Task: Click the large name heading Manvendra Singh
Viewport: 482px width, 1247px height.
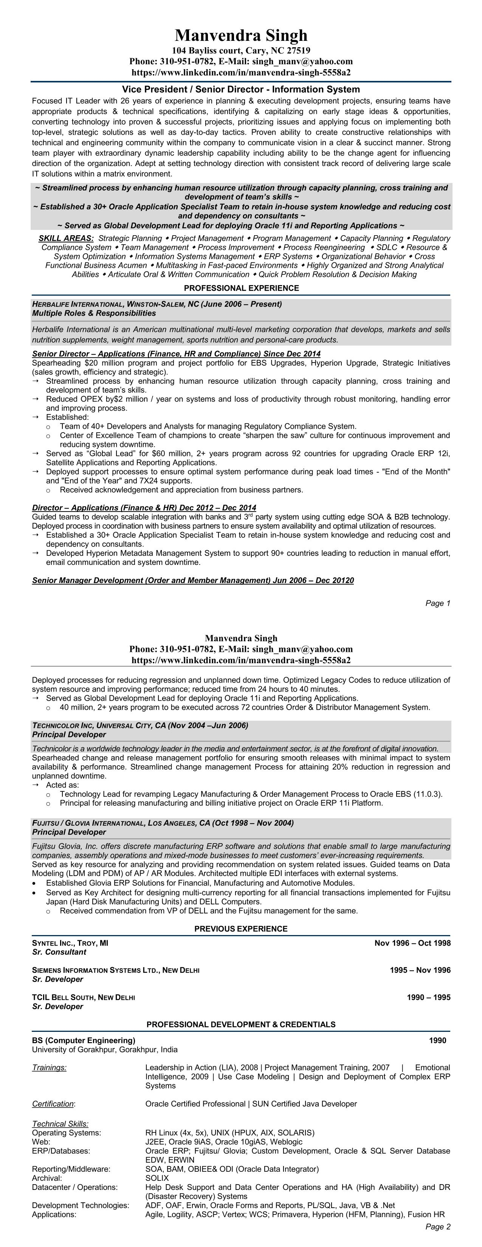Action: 241,35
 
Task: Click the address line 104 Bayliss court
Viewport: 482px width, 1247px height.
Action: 241,50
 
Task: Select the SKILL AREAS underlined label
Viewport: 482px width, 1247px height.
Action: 66,238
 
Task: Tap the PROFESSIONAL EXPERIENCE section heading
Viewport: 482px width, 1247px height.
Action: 241,288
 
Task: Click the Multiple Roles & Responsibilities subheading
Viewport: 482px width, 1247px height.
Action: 94,313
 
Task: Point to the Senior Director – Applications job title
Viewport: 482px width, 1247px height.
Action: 176,354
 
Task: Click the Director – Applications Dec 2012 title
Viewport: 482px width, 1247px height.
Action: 144,507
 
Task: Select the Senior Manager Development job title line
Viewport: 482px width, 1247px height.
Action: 192,580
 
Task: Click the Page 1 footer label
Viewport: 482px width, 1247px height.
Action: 437,603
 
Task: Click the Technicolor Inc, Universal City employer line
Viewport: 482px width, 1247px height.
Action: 140,725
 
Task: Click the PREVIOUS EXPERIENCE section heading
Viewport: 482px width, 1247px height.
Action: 241,929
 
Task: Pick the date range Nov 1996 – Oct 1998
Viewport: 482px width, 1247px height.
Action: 412,943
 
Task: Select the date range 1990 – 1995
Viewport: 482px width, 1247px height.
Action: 428,997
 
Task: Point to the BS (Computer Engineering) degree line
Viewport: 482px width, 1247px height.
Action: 84,1040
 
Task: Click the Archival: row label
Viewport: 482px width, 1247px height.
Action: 47,1178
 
